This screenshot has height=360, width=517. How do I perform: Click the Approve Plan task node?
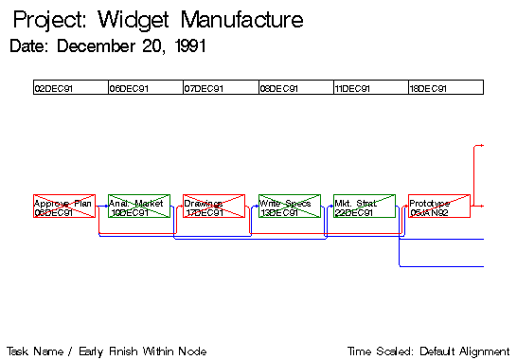tap(63, 207)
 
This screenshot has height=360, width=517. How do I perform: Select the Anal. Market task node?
tap(138, 207)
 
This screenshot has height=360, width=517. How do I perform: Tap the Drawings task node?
tap(213, 207)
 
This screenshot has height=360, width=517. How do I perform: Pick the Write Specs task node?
tap(289, 207)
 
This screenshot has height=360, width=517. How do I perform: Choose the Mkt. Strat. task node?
tap(364, 207)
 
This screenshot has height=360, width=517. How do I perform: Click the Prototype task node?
tap(438, 207)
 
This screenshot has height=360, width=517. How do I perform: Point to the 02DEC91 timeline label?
tap(53, 89)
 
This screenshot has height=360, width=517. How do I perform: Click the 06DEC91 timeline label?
tap(129, 89)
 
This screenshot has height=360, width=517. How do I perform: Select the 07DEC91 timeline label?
tap(204, 89)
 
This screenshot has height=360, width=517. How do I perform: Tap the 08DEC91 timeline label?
tap(279, 89)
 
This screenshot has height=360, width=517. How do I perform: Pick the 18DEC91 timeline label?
tap(427, 89)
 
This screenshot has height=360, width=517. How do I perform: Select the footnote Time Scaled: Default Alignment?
tap(431, 350)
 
